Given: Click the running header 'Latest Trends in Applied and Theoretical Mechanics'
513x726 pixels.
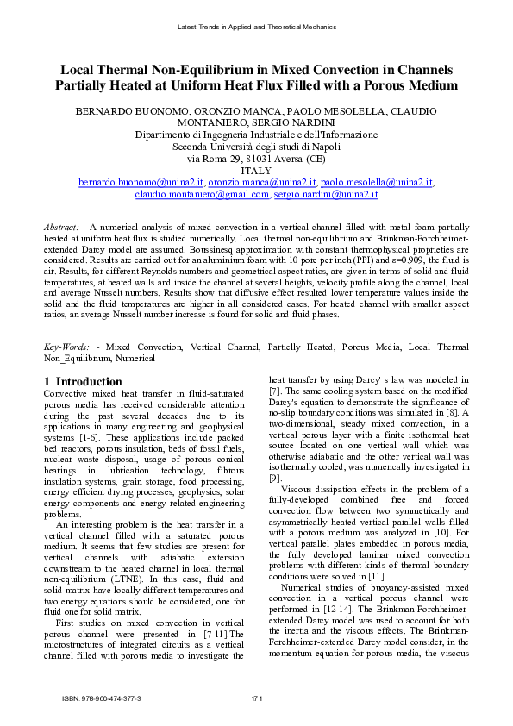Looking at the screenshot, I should pos(256,28).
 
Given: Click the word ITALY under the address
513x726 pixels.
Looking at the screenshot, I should pos(256,171).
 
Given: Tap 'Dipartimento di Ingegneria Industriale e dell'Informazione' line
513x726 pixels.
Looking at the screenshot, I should pos(256,135).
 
